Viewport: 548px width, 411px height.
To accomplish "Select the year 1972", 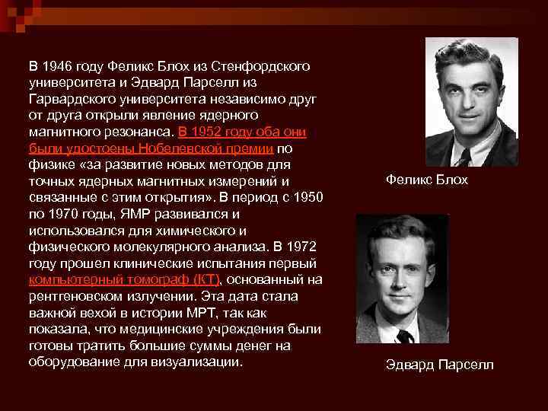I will click(303, 247).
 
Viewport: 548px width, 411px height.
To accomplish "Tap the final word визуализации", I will click(202, 362).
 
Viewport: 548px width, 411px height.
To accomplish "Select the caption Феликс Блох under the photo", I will click(427, 180).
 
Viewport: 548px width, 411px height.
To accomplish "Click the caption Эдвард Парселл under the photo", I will click(439, 365).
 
